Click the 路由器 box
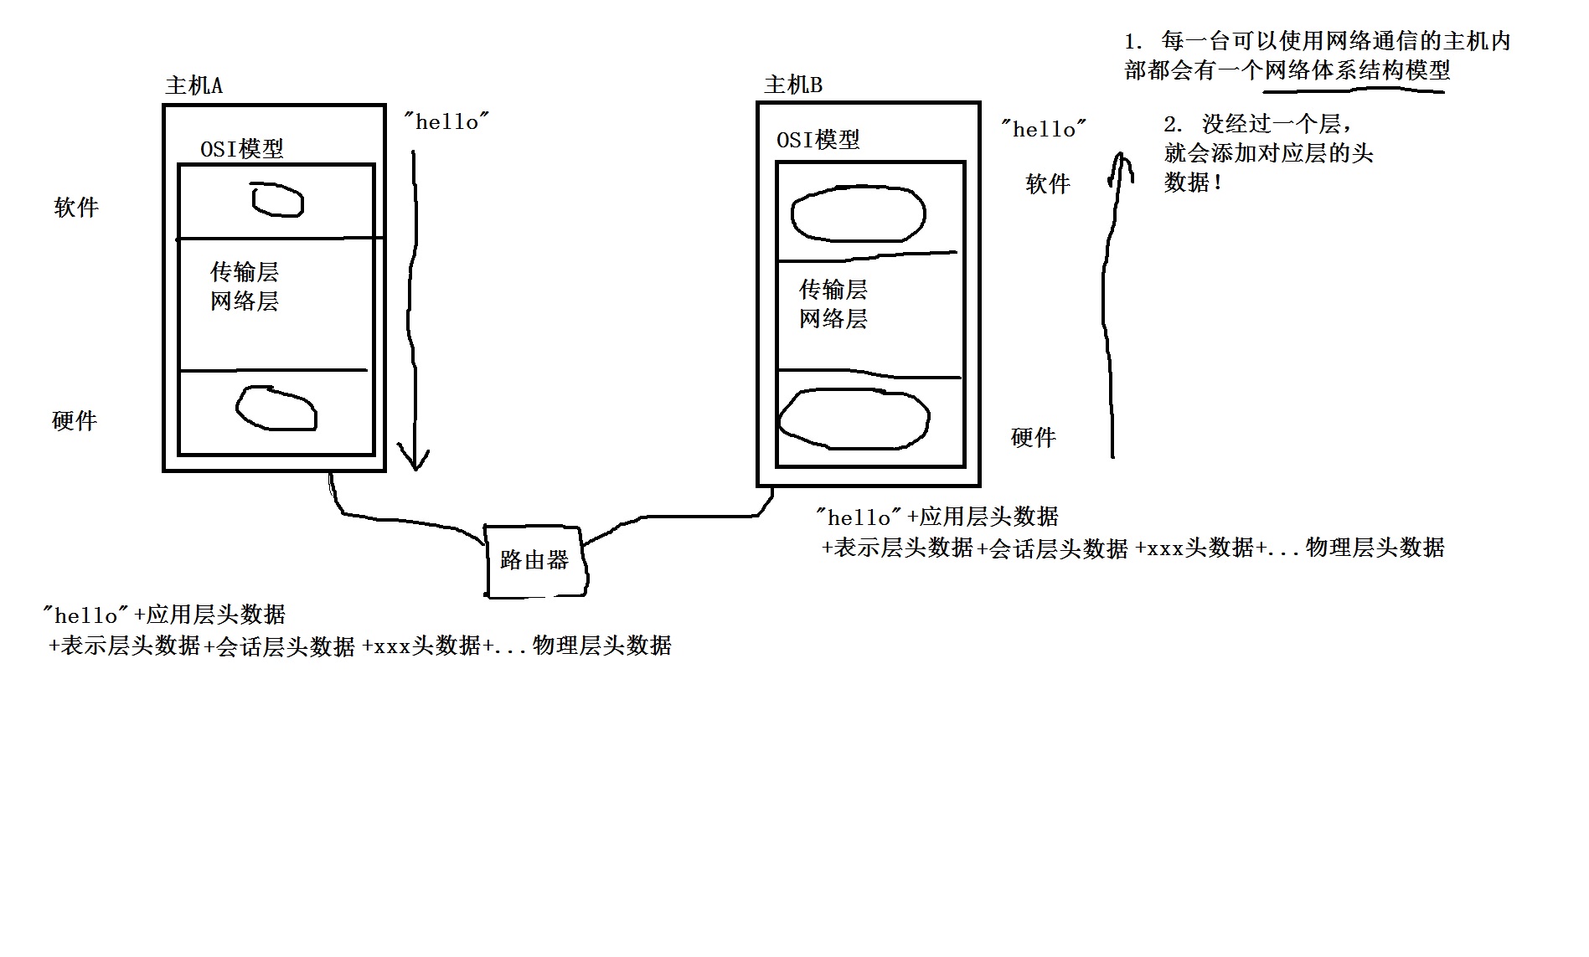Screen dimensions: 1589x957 [535, 560]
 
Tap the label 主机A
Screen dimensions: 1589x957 [194, 85]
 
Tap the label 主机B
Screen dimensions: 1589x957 [793, 85]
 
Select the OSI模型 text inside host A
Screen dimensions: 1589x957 [242, 149]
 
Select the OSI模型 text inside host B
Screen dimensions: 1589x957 [818, 140]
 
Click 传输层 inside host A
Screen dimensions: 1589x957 [245, 271]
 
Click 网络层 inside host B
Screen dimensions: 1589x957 [833, 318]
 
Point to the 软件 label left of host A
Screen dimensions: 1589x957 [76, 208]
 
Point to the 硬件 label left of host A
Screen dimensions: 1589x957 [75, 420]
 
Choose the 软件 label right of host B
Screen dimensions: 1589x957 [1048, 184]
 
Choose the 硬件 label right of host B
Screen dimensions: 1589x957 [1034, 437]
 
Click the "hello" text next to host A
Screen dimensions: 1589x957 [446, 122]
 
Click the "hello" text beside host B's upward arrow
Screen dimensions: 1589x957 [1044, 129]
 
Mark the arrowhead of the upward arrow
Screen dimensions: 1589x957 [1121, 163]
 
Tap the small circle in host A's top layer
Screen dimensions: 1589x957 [277, 200]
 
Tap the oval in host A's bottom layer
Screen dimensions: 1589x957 [276, 408]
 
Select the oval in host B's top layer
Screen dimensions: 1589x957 [859, 214]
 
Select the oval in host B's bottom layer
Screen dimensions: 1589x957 [854, 418]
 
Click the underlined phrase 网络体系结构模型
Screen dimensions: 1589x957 [1356, 70]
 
